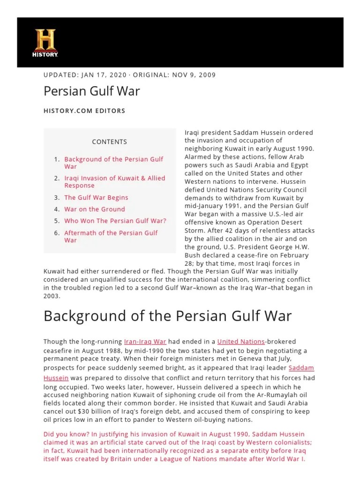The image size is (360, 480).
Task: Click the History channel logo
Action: (45, 43)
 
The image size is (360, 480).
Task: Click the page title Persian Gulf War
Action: (91, 91)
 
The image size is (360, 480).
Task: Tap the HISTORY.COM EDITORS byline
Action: (84, 111)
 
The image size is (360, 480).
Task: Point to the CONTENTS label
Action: (109, 142)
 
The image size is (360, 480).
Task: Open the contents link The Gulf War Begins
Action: (96, 198)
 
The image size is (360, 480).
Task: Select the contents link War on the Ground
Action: (95, 209)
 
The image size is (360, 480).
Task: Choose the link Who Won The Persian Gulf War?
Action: (115, 221)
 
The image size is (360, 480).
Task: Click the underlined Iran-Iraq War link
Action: (146, 342)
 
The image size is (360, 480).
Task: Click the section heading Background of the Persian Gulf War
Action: (167, 316)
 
